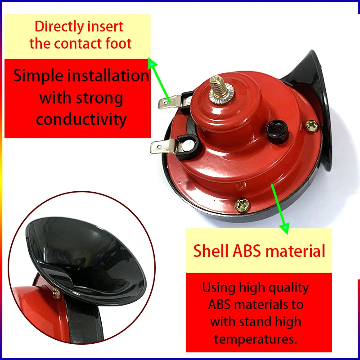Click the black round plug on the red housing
[x=278, y=132]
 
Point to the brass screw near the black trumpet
[x=311, y=126]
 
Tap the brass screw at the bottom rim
[x=242, y=205]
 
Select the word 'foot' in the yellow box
[x=118, y=43]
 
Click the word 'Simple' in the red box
[x=38, y=76]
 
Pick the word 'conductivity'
[x=81, y=119]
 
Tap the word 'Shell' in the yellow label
[x=211, y=251]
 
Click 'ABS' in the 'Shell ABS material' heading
[x=247, y=251]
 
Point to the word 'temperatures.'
[x=256, y=339]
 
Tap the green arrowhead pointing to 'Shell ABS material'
[x=284, y=228]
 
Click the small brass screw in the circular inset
[x=57, y=294]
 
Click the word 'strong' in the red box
[x=99, y=98]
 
